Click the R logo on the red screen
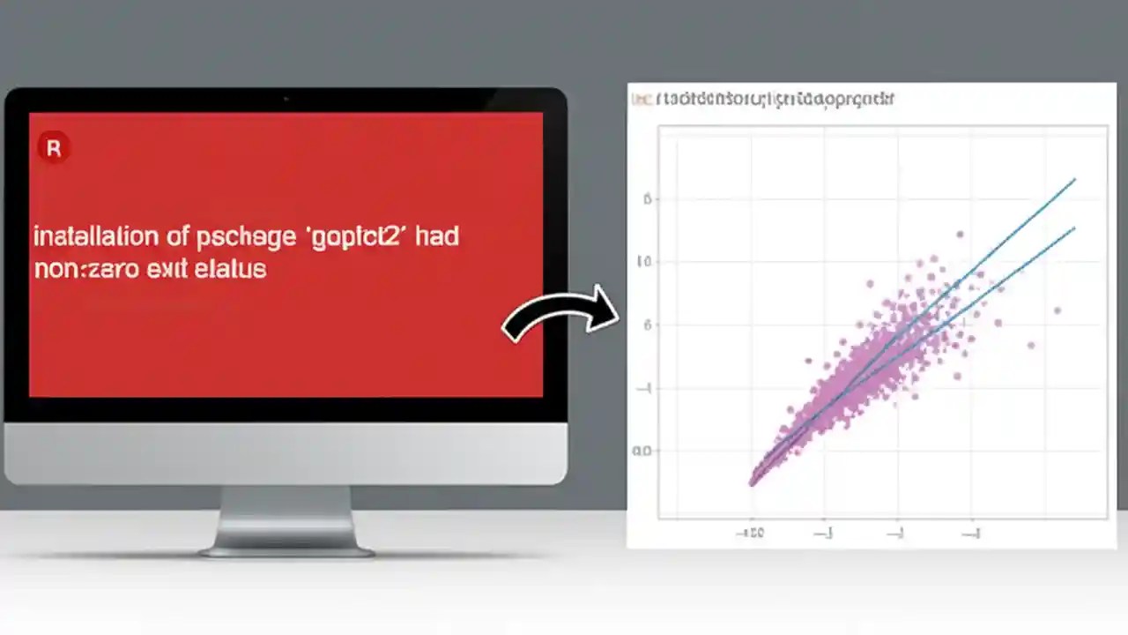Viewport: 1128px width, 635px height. (x=53, y=148)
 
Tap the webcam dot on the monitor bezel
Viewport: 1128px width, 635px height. (x=286, y=99)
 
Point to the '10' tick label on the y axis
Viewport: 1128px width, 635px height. (x=646, y=262)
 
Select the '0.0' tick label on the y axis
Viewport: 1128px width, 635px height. (x=642, y=451)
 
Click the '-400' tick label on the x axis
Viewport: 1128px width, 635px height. (x=750, y=533)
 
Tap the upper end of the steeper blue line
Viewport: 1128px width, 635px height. (x=1074, y=180)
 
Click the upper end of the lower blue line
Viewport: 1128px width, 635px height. (x=1073, y=228)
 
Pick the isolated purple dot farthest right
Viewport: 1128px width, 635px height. (x=1057, y=310)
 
